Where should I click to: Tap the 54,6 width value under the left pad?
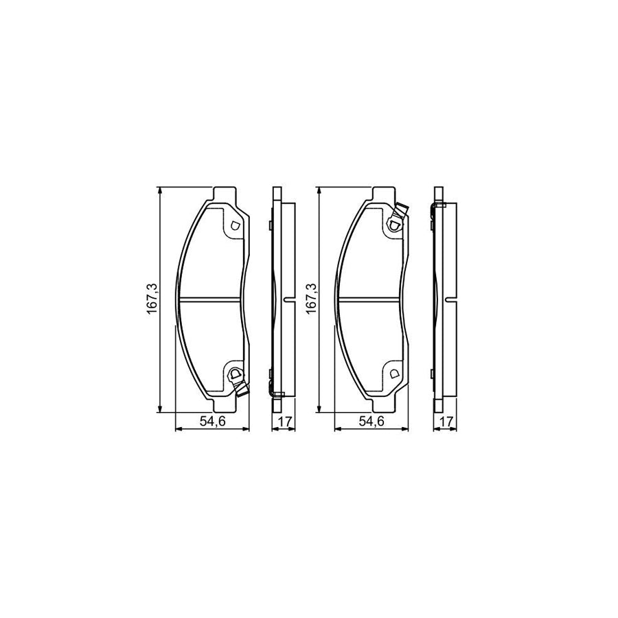tap(212, 422)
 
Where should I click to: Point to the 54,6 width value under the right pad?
tap(371, 422)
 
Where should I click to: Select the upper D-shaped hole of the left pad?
tap(233, 225)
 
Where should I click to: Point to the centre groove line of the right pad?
tap(371, 299)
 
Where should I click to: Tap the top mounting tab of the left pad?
tap(225, 194)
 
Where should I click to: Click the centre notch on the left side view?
tap(286, 299)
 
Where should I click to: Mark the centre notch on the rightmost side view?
tap(448, 299)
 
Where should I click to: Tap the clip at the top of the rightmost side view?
tap(433, 208)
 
